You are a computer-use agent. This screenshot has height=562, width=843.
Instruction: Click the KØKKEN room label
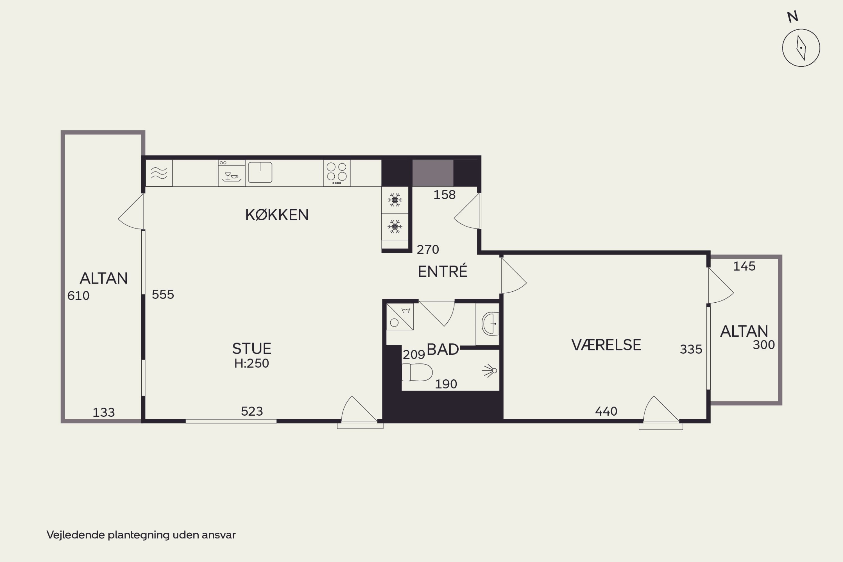tap(277, 215)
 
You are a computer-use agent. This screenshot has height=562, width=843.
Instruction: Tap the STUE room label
tap(251, 349)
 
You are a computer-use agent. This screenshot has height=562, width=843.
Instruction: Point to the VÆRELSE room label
tap(606, 345)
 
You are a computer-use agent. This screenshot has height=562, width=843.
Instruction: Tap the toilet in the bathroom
tap(417, 372)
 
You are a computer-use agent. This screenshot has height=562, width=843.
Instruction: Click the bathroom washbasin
tap(490, 324)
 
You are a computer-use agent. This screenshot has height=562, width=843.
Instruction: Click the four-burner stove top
tap(337, 173)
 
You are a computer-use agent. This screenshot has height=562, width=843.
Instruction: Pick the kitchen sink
tap(260, 173)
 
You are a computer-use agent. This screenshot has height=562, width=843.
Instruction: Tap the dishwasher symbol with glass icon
tap(232, 173)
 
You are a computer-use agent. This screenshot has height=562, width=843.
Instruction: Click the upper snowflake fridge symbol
tap(395, 200)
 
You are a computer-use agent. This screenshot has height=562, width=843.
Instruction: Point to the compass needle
tap(801, 48)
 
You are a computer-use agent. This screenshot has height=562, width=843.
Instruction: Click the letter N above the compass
tap(793, 17)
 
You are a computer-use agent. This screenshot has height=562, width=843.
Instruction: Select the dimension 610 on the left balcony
tap(78, 296)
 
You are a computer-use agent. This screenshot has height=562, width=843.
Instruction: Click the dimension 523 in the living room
tap(252, 411)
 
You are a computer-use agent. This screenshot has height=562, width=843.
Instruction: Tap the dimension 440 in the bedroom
tap(606, 411)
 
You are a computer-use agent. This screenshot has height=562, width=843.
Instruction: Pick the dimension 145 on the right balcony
tap(744, 266)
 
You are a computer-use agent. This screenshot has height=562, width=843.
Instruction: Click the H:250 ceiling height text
tap(251, 363)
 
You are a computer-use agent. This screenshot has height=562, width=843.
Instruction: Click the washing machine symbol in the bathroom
tap(400, 317)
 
